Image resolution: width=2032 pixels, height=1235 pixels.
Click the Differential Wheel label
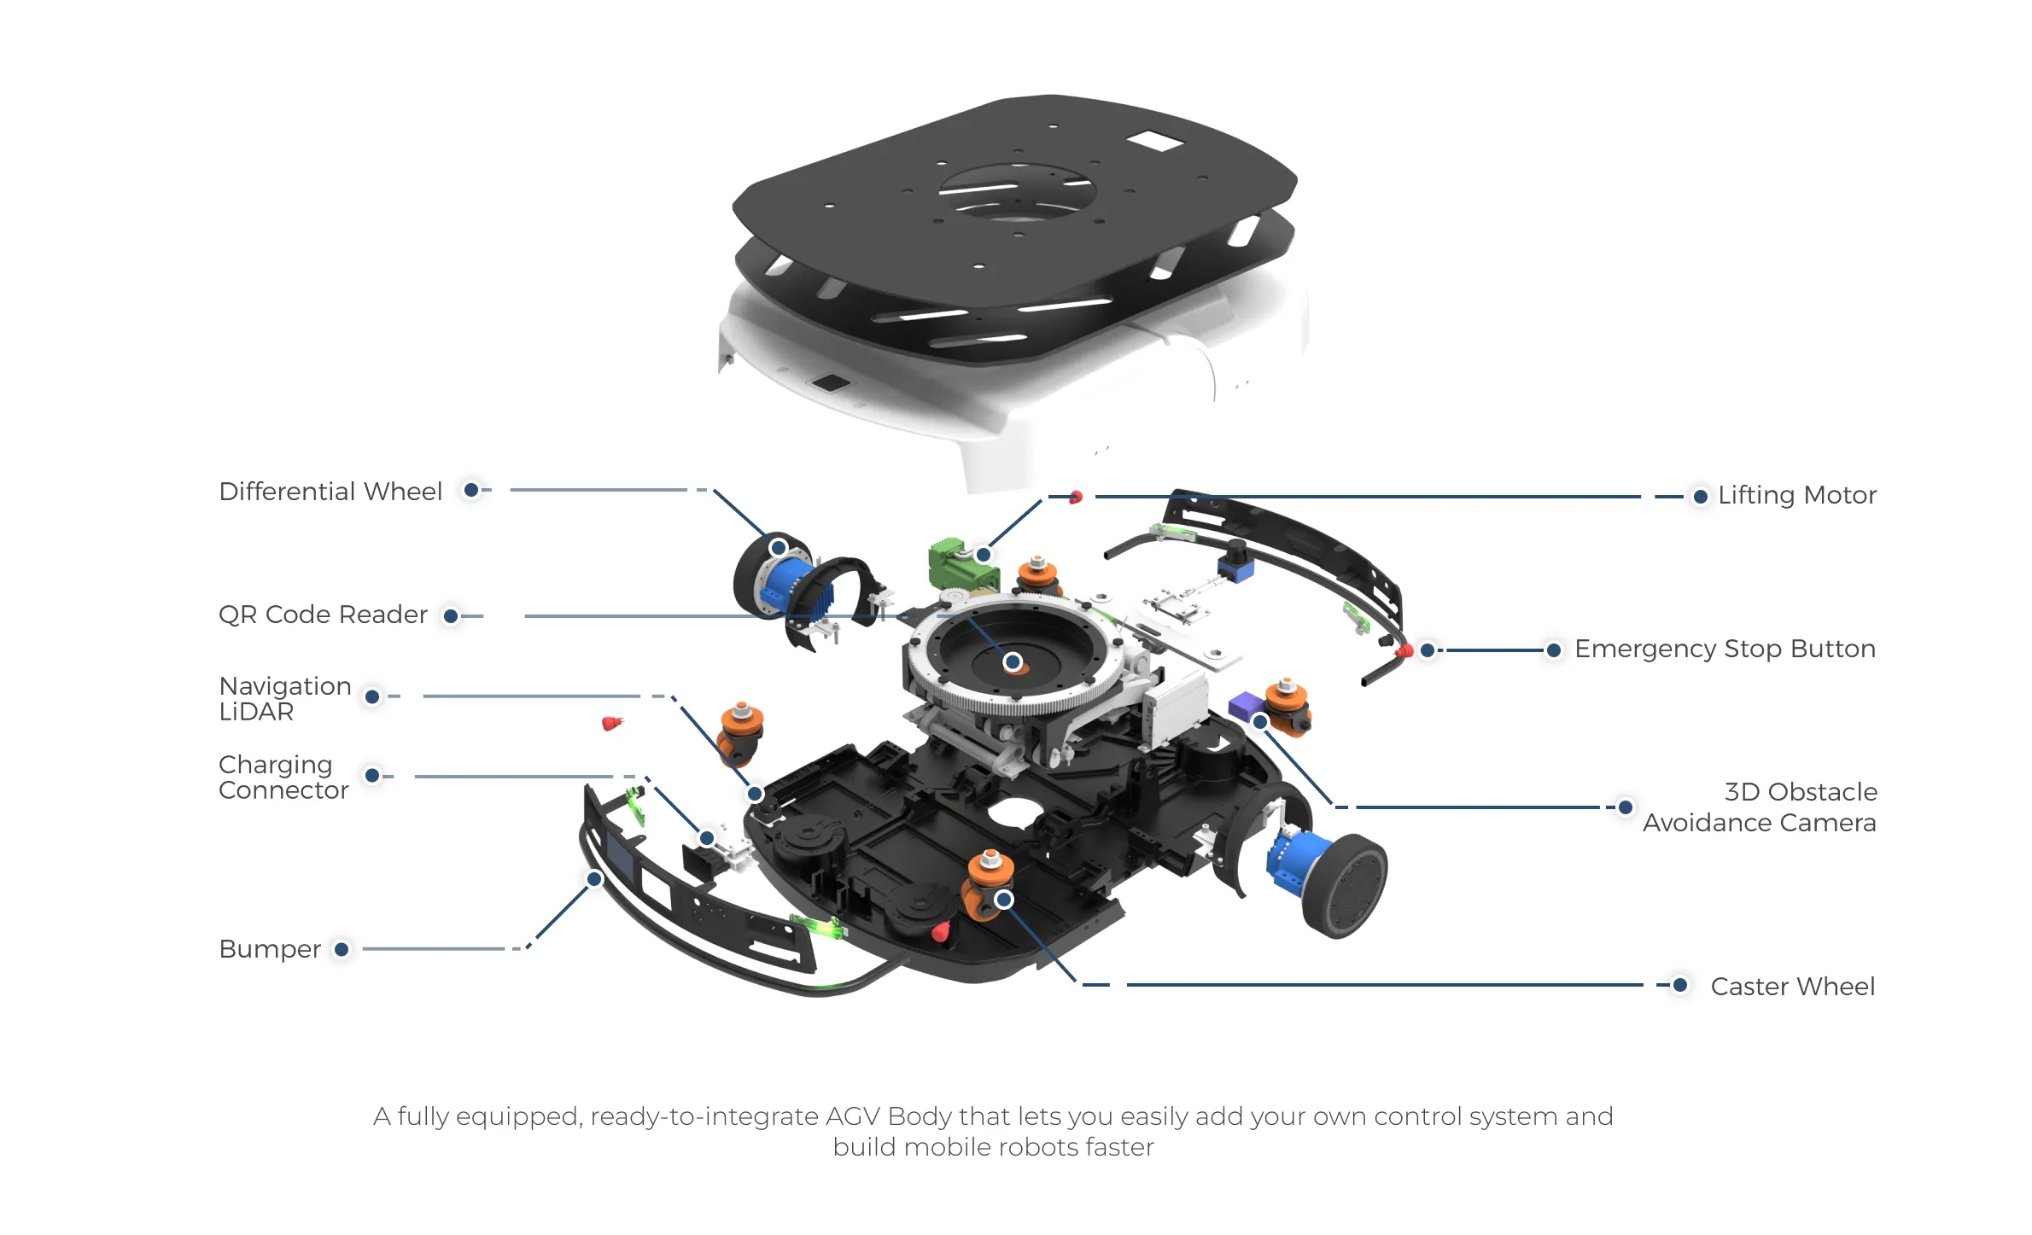pos(330,492)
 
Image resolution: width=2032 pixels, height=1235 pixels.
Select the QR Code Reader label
pos(323,615)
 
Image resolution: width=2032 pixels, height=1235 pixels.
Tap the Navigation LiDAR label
pos(284,698)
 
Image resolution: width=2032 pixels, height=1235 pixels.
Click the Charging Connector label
pos(283,777)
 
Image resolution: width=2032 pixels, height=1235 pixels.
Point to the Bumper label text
pos(270,949)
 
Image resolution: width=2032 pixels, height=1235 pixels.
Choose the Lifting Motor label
pos(1796,495)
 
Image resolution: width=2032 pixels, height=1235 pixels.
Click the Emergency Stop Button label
pos(1724,649)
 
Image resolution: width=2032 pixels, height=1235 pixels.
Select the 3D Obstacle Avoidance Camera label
pos(1759,807)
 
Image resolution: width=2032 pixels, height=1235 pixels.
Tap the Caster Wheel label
pos(1792,987)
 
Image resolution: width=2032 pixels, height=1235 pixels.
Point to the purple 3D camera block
pos(1246,705)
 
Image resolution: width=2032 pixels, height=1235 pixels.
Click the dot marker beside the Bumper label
pos(342,949)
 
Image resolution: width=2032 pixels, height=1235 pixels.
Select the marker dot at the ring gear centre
pos(1013,661)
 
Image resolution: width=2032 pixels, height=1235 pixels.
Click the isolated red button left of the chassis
pos(611,724)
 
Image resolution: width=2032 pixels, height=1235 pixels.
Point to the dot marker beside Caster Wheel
pos(1679,985)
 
